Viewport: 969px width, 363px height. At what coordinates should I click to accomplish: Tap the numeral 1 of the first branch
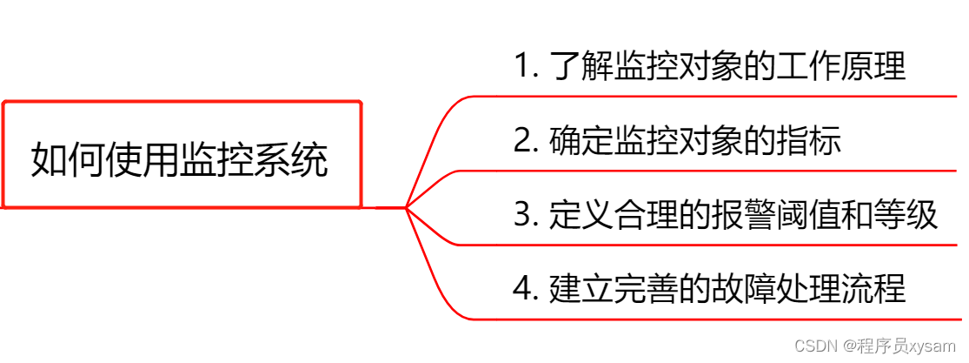point(521,67)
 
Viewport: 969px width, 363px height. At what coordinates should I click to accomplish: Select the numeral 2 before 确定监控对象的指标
point(521,141)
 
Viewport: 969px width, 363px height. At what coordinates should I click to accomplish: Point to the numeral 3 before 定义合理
point(521,215)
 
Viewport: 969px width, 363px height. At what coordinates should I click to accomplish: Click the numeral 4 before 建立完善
point(521,289)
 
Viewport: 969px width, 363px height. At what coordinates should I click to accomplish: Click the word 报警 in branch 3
point(727,215)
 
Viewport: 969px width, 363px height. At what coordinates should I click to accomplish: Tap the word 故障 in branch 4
point(727,289)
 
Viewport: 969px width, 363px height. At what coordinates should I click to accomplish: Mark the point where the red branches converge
point(406,207)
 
